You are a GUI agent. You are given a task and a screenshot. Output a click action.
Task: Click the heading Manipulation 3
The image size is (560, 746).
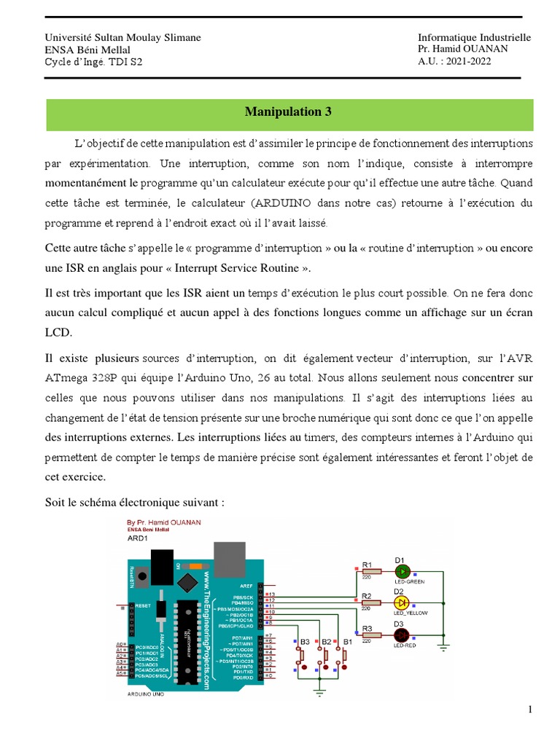[288, 111]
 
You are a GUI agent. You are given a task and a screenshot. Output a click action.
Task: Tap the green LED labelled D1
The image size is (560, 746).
[401, 571]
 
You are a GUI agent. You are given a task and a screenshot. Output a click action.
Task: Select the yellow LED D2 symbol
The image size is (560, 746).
[401, 603]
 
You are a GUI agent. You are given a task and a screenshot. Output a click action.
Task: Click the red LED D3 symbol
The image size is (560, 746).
[401, 635]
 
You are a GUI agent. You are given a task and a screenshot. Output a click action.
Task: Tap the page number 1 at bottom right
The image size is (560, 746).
[531, 710]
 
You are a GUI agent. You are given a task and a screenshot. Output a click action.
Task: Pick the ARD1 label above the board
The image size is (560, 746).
[138, 539]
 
